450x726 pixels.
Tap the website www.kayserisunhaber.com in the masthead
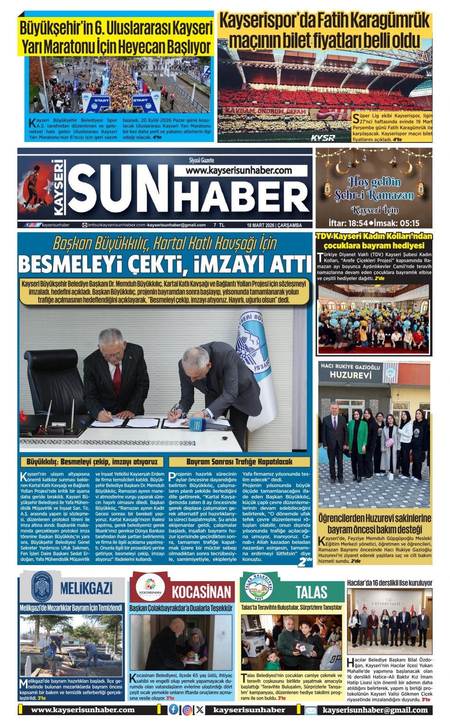click(x=239, y=170)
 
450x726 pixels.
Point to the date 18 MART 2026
click(x=261, y=225)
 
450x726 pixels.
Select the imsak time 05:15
click(x=409, y=223)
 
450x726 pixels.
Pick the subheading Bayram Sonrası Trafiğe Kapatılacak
click(x=239, y=461)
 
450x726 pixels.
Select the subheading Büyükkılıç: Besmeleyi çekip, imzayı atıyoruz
click(x=92, y=461)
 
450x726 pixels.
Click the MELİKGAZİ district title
click(x=86, y=588)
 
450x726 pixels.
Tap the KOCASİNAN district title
click(x=201, y=592)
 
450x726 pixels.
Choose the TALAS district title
click(x=311, y=592)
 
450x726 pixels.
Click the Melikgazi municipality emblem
click(x=41, y=586)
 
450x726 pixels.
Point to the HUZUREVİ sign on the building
click(x=351, y=375)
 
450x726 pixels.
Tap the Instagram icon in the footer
click(x=187, y=710)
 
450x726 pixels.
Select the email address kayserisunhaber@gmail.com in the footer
click(x=375, y=710)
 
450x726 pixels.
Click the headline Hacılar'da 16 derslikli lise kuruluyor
click(x=389, y=583)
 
